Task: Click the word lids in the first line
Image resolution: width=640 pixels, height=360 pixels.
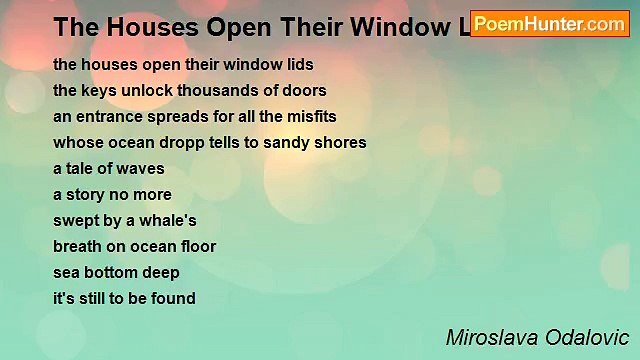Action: pos(298,65)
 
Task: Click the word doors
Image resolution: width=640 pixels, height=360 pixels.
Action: pos(299,91)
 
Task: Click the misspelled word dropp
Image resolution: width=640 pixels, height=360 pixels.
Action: pos(178,143)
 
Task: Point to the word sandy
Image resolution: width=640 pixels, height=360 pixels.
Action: pos(291,143)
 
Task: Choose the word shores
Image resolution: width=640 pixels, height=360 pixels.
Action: pos(343,143)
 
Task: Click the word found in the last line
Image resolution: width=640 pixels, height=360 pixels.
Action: pos(174,299)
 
